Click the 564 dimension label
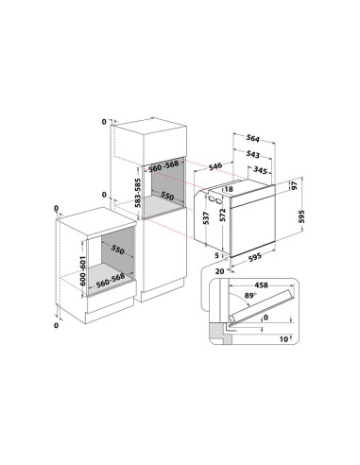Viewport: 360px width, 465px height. click(252, 138)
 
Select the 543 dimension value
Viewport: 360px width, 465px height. click(253, 154)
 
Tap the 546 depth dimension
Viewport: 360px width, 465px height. click(215, 166)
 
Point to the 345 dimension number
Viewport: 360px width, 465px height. click(260, 170)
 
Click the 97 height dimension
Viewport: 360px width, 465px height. click(295, 186)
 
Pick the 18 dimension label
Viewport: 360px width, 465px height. click(229, 189)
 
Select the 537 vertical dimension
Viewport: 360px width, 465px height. click(206, 218)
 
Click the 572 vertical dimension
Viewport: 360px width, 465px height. click(223, 215)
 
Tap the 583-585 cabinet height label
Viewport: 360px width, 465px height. click(138, 193)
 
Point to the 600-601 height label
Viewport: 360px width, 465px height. click(82, 271)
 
